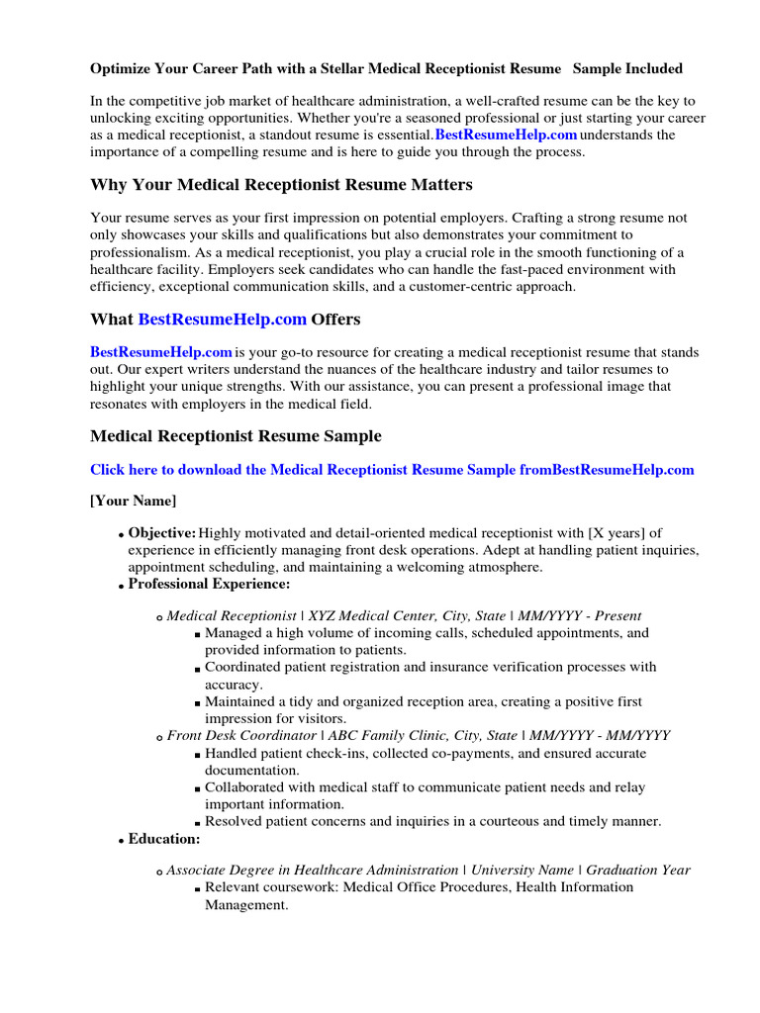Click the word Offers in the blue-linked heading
point(335,320)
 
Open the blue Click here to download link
point(392,470)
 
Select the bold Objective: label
point(162,533)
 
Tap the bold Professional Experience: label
point(209,585)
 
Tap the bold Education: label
point(164,839)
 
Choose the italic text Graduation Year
point(638,870)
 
